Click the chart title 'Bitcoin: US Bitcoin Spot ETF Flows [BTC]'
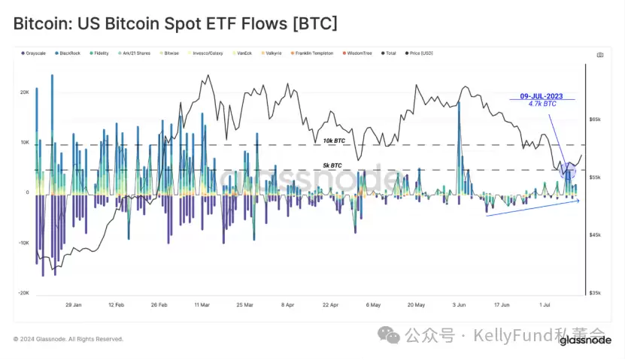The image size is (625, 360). pos(175,24)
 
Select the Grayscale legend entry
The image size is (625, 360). pos(35,53)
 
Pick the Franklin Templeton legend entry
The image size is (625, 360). pos(313,53)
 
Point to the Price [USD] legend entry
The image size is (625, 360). pos(418,53)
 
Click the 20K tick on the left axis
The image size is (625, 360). pos(24,92)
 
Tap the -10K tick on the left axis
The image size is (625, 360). pos(23,243)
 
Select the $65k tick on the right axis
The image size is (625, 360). pos(594,119)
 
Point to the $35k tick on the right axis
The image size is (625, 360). pos(594,293)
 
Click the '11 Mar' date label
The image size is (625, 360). pos(202,305)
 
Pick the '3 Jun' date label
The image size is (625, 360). pos(459,305)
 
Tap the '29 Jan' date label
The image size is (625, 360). pos(74,305)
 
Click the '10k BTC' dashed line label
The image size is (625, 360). pos(333,141)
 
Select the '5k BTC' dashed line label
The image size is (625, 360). pos(331,165)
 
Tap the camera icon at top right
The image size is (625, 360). pos(599,55)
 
